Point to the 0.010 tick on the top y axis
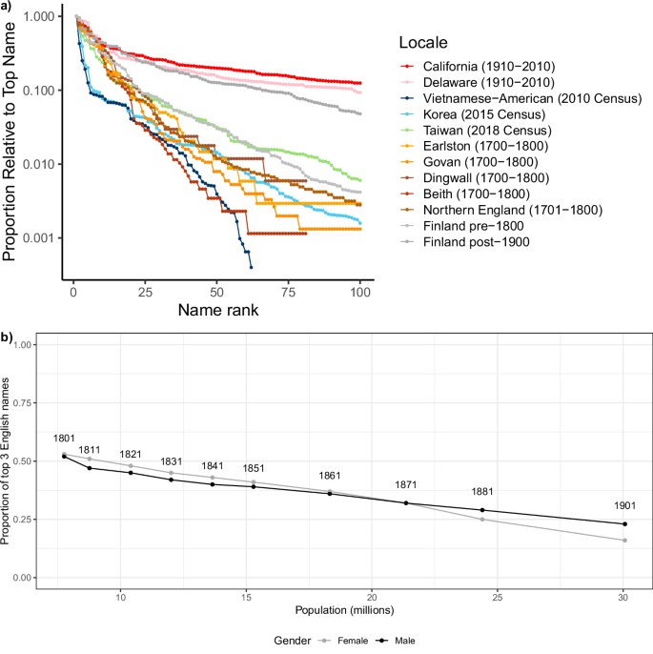[43, 164]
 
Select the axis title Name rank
[217, 311]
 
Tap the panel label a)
[9, 8]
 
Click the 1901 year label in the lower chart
[624, 507]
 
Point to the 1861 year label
[330, 476]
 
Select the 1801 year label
[64, 439]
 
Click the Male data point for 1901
[624, 523]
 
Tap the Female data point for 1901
[624, 541]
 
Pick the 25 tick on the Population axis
[499, 595]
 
